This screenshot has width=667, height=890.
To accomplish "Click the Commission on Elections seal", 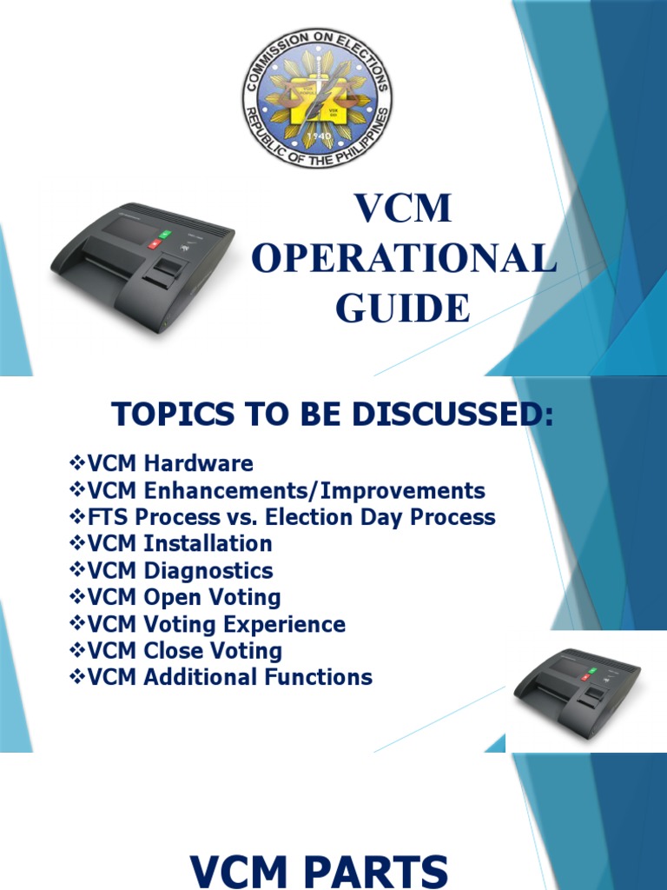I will click(x=317, y=96).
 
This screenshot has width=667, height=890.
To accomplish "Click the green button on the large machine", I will click(x=164, y=236).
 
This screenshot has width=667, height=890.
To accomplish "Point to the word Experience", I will click(x=288, y=625).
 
